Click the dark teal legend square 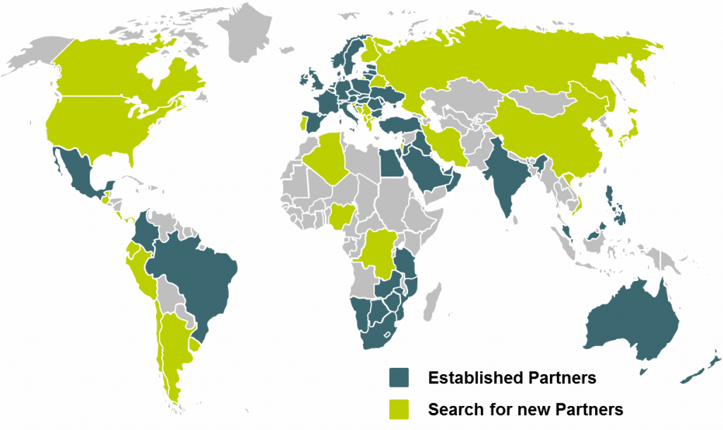399,377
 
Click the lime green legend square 399,409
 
